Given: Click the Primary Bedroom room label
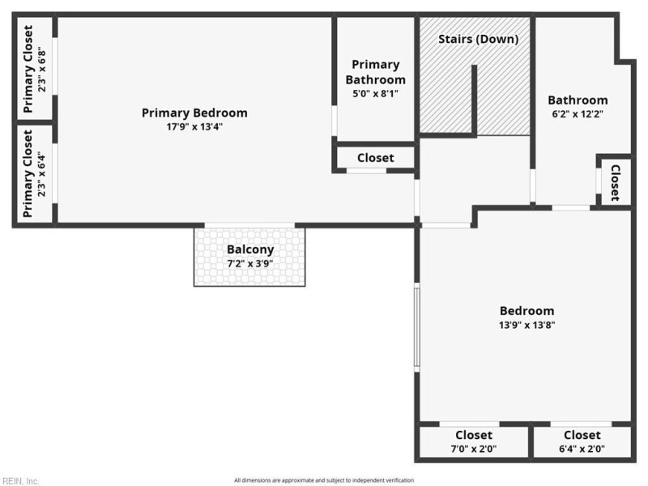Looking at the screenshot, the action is tap(194, 113).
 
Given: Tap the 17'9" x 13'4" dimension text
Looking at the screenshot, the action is tap(194, 126).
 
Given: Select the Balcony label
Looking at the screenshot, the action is tap(250, 249).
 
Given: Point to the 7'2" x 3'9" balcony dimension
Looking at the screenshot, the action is tap(250, 264).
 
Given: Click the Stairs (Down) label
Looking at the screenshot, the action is tap(478, 39).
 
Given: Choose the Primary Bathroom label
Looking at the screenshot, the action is tap(376, 72).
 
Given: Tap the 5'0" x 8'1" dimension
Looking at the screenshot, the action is tap(375, 93).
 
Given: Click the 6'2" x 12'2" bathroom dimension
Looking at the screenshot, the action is tap(578, 114).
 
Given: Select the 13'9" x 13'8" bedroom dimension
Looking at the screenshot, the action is tap(527, 325).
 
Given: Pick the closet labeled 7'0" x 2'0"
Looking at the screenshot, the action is tap(474, 441).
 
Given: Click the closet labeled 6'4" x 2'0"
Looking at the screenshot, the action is tap(582, 441).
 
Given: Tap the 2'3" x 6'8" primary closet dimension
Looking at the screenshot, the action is tap(42, 70).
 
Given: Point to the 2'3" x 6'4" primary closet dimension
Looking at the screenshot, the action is tap(42, 174).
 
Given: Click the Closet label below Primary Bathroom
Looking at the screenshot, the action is tap(376, 158).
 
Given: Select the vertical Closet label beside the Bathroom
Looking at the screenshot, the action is tap(616, 183).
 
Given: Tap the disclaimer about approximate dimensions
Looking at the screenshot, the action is tap(324, 480).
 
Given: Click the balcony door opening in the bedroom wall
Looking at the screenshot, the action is tap(249, 225).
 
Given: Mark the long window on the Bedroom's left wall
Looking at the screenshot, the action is tap(417, 327).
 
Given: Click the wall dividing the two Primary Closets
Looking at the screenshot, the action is tap(35, 122).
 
